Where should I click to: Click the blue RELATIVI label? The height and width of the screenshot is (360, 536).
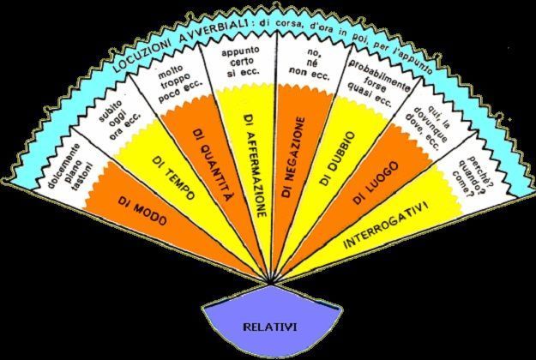coord(268,326)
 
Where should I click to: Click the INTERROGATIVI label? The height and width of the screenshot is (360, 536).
coord(396,220)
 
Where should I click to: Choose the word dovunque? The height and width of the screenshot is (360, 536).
coord(423,132)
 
